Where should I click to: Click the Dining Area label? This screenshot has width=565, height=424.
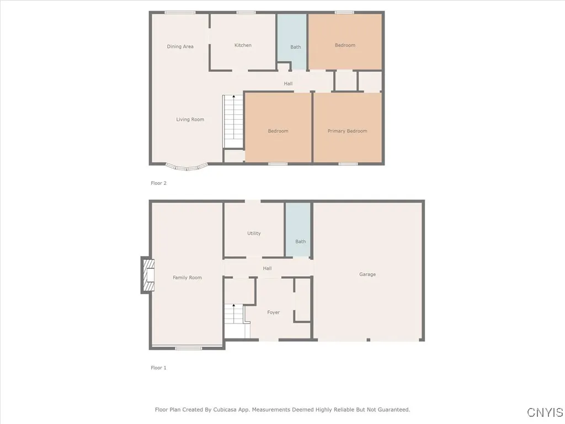pos(180,46)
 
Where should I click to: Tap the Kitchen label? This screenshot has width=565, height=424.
pos(243,45)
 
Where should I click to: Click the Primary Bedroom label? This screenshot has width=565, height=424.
pos(347,131)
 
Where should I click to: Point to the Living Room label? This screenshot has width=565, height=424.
pos(190,119)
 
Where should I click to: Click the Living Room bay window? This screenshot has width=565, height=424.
pos(186,166)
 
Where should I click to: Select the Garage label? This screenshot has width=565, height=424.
pos(367,274)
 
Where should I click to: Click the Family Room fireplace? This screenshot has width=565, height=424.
pos(148,274)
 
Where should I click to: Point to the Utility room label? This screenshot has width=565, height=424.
pos(254,234)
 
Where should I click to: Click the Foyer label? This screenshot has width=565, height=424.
pos(273,312)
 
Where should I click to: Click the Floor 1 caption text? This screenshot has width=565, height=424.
pos(158,368)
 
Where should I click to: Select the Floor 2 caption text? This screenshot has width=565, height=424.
pos(158,183)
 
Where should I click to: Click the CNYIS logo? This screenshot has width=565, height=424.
pos(545,412)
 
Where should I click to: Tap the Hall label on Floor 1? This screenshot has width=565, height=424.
pos(267,268)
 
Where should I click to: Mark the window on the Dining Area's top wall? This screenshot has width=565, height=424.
pos(180,13)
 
